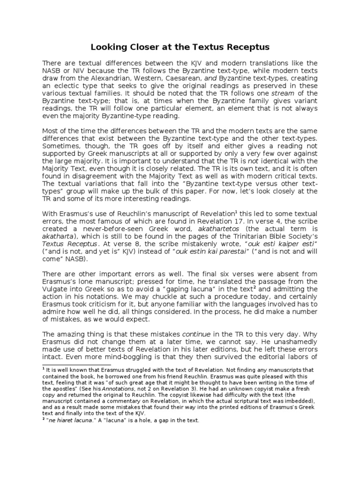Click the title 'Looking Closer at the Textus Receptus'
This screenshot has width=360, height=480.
pos(180,47)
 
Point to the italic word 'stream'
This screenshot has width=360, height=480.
pos(280,93)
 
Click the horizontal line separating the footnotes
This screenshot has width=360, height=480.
pos(76,365)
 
